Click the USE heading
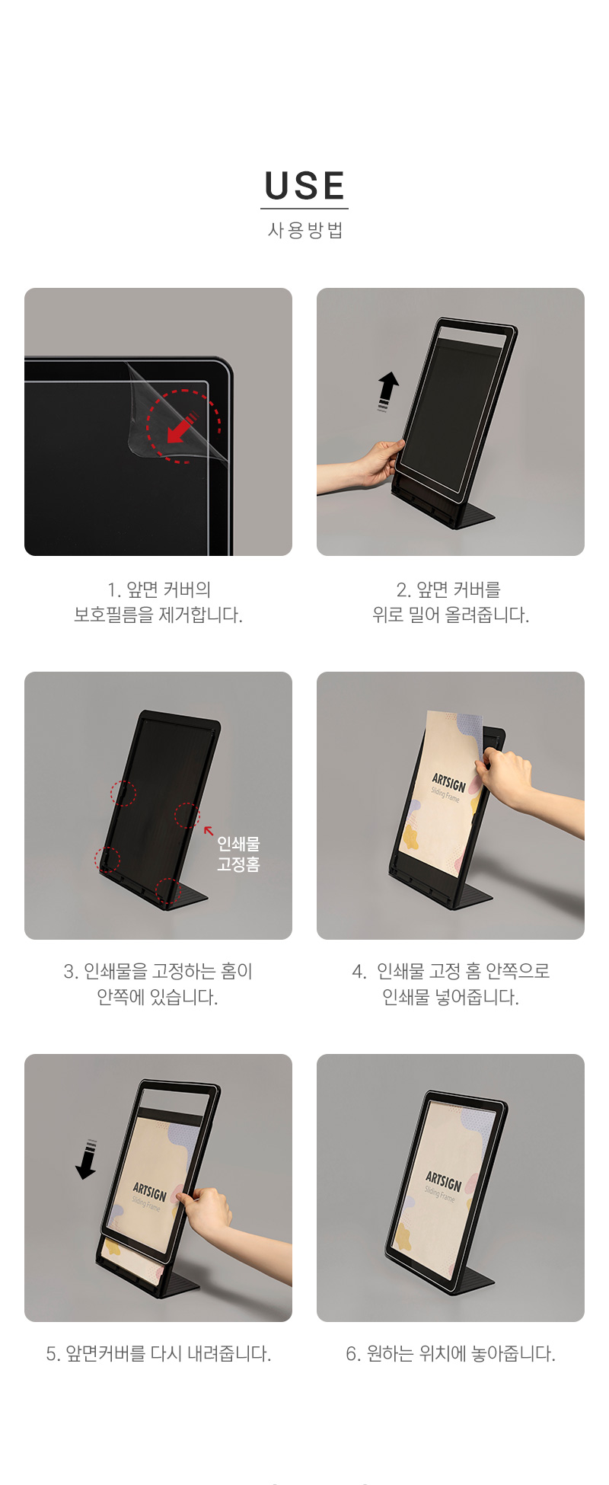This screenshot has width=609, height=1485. click(x=304, y=186)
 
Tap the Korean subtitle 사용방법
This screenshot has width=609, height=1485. click(x=305, y=230)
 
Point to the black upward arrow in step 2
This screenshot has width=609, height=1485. click(x=388, y=391)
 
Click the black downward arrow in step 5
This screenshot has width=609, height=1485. click(x=88, y=1159)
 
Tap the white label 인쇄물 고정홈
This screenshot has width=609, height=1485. click(x=238, y=854)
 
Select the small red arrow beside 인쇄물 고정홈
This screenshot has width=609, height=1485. click(x=209, y=831)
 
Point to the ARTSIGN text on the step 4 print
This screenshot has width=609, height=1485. click(x=448, y=782)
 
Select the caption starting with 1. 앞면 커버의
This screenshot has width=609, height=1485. click(x=158, y=602)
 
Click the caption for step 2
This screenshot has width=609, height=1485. click(x=451, y=602)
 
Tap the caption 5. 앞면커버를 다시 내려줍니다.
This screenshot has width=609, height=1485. click(x=158, y=1353)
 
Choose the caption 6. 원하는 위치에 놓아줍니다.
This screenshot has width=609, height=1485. click(x=451, y=1353)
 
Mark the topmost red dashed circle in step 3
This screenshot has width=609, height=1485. click(x=123, y=793)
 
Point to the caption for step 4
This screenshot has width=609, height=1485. click(x=451, y=984)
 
